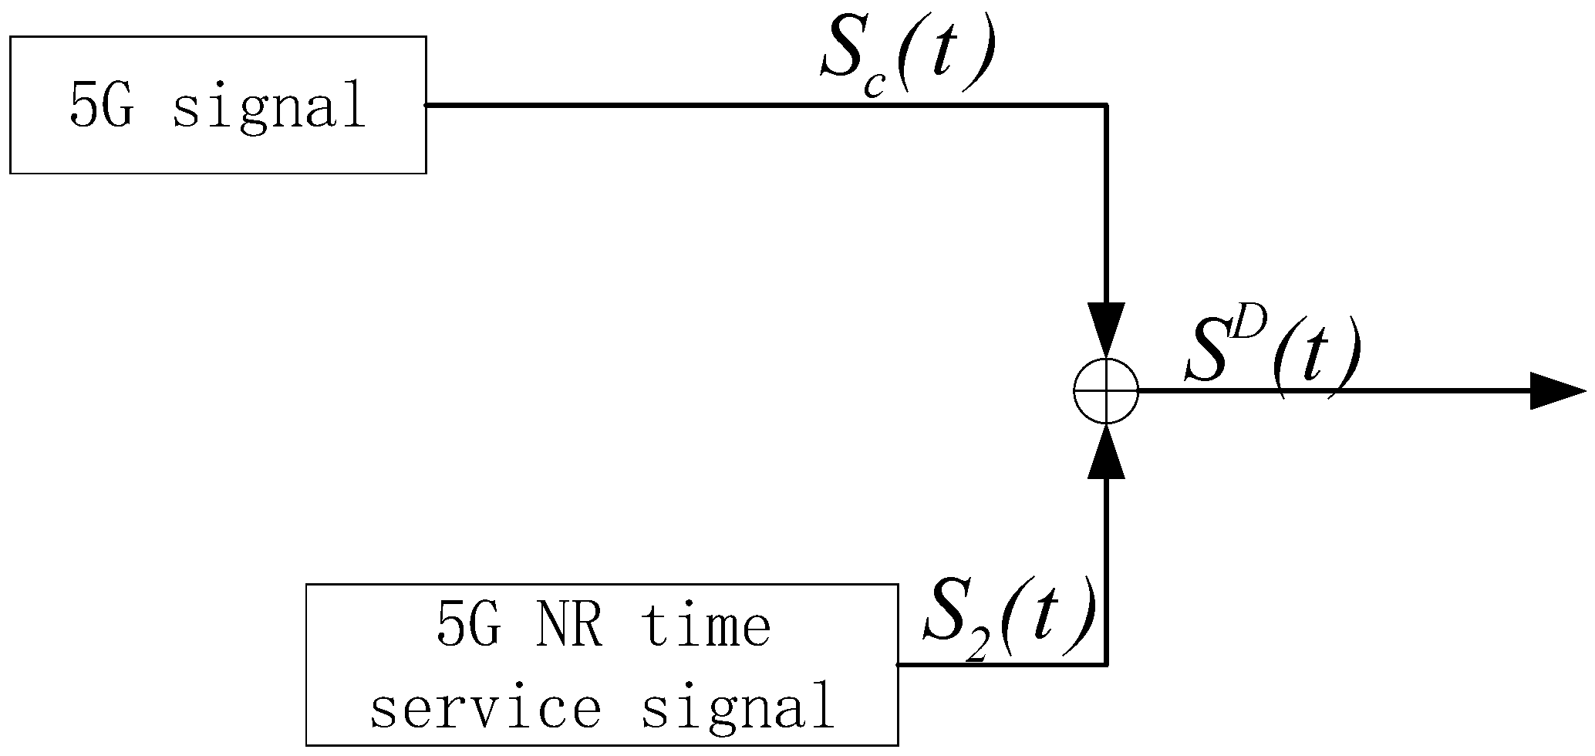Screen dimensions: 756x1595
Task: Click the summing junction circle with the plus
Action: tap(1106, 391)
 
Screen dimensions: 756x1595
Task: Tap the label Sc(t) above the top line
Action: tap(907, 58)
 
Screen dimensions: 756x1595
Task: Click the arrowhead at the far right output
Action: tap(1554, 391)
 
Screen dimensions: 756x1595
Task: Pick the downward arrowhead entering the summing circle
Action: tap(1106, 328)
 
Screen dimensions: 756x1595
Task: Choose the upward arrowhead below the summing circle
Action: tap(1106, 451)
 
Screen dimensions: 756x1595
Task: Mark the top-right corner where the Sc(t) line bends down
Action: tap(1106, 105)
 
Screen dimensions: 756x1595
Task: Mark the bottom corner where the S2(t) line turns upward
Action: tap(1106, 663)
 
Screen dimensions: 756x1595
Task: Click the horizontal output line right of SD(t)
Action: tap(1442, 391)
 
